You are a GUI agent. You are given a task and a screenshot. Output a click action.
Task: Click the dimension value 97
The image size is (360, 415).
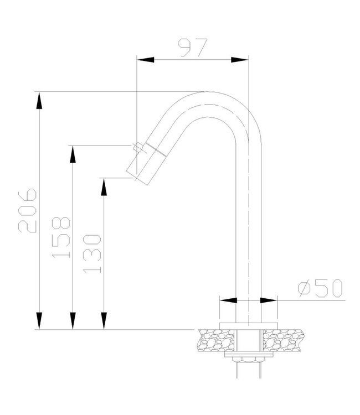(193, 48)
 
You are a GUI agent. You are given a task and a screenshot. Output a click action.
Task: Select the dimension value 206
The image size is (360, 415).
(27, 210)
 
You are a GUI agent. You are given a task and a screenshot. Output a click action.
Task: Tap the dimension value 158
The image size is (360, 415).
(61, 237)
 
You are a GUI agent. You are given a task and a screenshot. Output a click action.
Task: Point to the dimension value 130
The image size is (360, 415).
(92, 254)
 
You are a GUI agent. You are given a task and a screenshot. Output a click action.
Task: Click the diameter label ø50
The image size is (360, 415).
(320, 288)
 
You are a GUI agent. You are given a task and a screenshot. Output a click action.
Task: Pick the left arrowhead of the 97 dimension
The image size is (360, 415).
(146, 60)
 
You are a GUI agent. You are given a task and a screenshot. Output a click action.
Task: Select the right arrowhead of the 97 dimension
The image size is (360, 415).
(240, 60)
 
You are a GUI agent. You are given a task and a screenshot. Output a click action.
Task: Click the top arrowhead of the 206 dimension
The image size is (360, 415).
(39, 100)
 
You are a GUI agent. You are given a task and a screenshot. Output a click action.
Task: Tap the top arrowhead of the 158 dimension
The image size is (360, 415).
(73, 154)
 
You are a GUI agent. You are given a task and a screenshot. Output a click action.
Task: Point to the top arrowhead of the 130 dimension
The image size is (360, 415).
(104, 187)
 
